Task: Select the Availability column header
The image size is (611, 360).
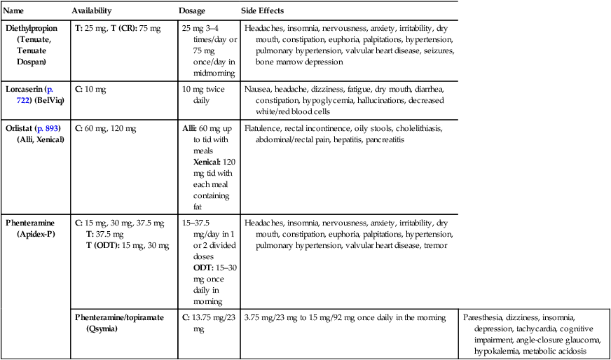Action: (94, 13)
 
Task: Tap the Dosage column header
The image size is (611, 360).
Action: (192, 13)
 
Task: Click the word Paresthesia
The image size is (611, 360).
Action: (483, 317)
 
